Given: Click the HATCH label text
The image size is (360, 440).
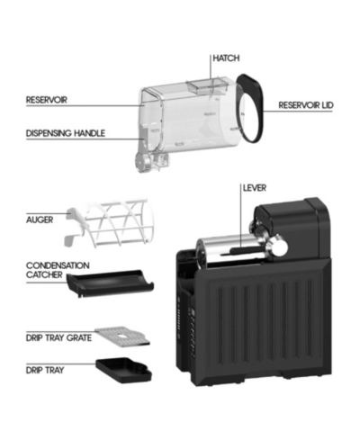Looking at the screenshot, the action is tap(226, 58).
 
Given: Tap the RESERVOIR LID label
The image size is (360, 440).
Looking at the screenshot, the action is tap(306, 105).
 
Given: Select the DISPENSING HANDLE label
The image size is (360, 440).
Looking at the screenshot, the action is tap(66, 133).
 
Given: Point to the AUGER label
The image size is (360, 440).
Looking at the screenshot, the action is tap(40, 220).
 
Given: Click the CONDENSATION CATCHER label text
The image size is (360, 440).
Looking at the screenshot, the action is tap(58, 270).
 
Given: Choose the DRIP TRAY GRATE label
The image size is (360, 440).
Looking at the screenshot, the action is tap(58, 338).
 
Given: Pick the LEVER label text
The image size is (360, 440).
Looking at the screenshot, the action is tap(255, 188).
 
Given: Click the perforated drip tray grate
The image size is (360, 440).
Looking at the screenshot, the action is tap(122, 337).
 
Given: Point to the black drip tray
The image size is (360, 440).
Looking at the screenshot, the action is tap(124, 371).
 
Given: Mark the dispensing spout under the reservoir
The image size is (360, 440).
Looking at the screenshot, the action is tap(151, 160).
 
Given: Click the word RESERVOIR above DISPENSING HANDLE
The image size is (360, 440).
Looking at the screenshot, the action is tap(47, 100).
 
